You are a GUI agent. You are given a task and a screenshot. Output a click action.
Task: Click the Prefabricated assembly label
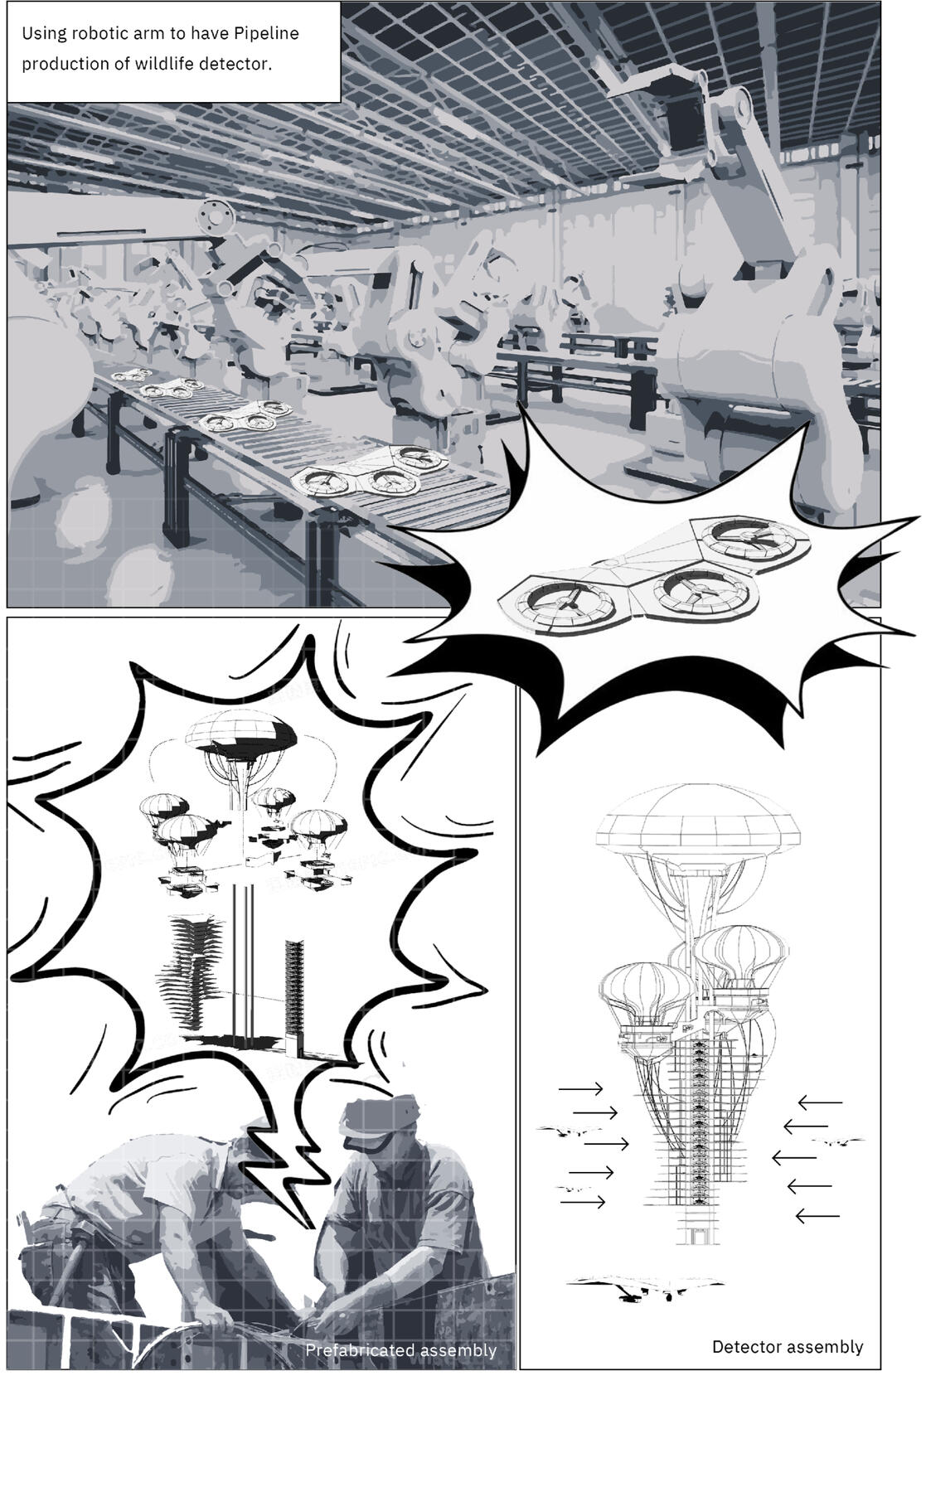400,1350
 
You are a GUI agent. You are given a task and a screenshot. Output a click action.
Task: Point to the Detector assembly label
788,1347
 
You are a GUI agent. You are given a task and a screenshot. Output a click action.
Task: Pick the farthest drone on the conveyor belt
132,375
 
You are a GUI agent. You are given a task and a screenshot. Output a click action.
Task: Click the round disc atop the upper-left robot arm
217,216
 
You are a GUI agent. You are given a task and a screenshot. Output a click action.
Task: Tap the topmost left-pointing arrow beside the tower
820,1102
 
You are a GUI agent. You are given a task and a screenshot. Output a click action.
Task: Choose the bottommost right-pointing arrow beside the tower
583,1201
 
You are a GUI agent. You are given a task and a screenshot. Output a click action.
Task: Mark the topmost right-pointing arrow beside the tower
581,1088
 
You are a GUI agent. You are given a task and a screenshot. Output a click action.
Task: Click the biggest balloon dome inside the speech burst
240,730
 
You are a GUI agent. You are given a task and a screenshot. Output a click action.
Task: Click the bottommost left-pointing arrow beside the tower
817,1216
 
